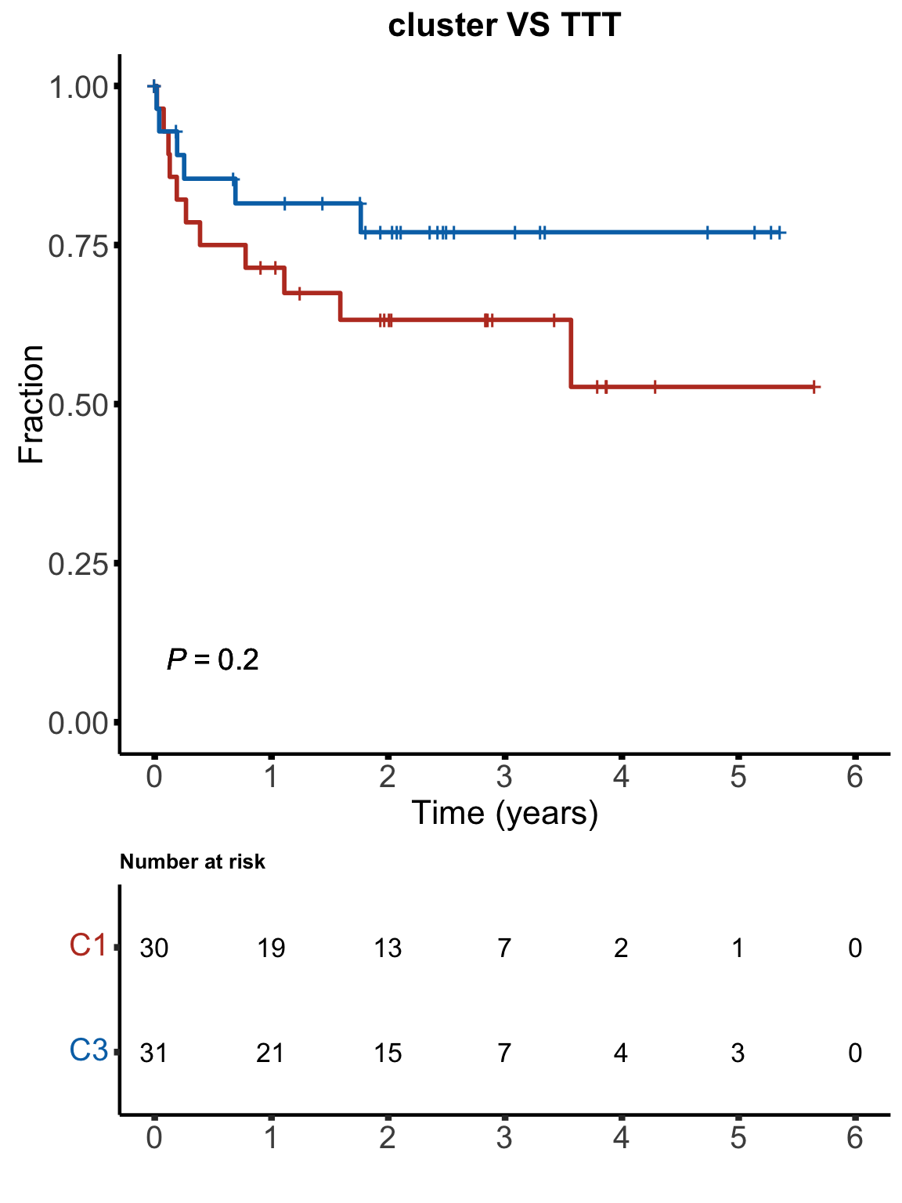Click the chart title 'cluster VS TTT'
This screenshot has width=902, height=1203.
504,25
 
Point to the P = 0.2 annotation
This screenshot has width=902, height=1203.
213,660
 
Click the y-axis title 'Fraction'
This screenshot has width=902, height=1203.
31,404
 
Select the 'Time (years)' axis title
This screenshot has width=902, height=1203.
504,813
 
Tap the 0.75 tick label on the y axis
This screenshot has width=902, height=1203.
78,247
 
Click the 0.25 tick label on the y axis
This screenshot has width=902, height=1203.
78,564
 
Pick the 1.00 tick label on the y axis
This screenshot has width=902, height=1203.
78,87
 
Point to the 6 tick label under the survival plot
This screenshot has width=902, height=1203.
855,778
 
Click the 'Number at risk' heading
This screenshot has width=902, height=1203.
193,862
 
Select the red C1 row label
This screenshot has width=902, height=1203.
88,946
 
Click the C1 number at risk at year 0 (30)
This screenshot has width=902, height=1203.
154,948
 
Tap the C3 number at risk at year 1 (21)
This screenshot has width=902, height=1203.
271,1053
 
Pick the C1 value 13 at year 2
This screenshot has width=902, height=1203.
388,948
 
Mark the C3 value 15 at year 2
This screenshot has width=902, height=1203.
388,1053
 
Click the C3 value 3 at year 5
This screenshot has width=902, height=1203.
738,1053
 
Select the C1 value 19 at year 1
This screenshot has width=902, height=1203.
271,948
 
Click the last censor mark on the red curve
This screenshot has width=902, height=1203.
814,387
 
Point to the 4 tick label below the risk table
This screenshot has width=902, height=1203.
621,1137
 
